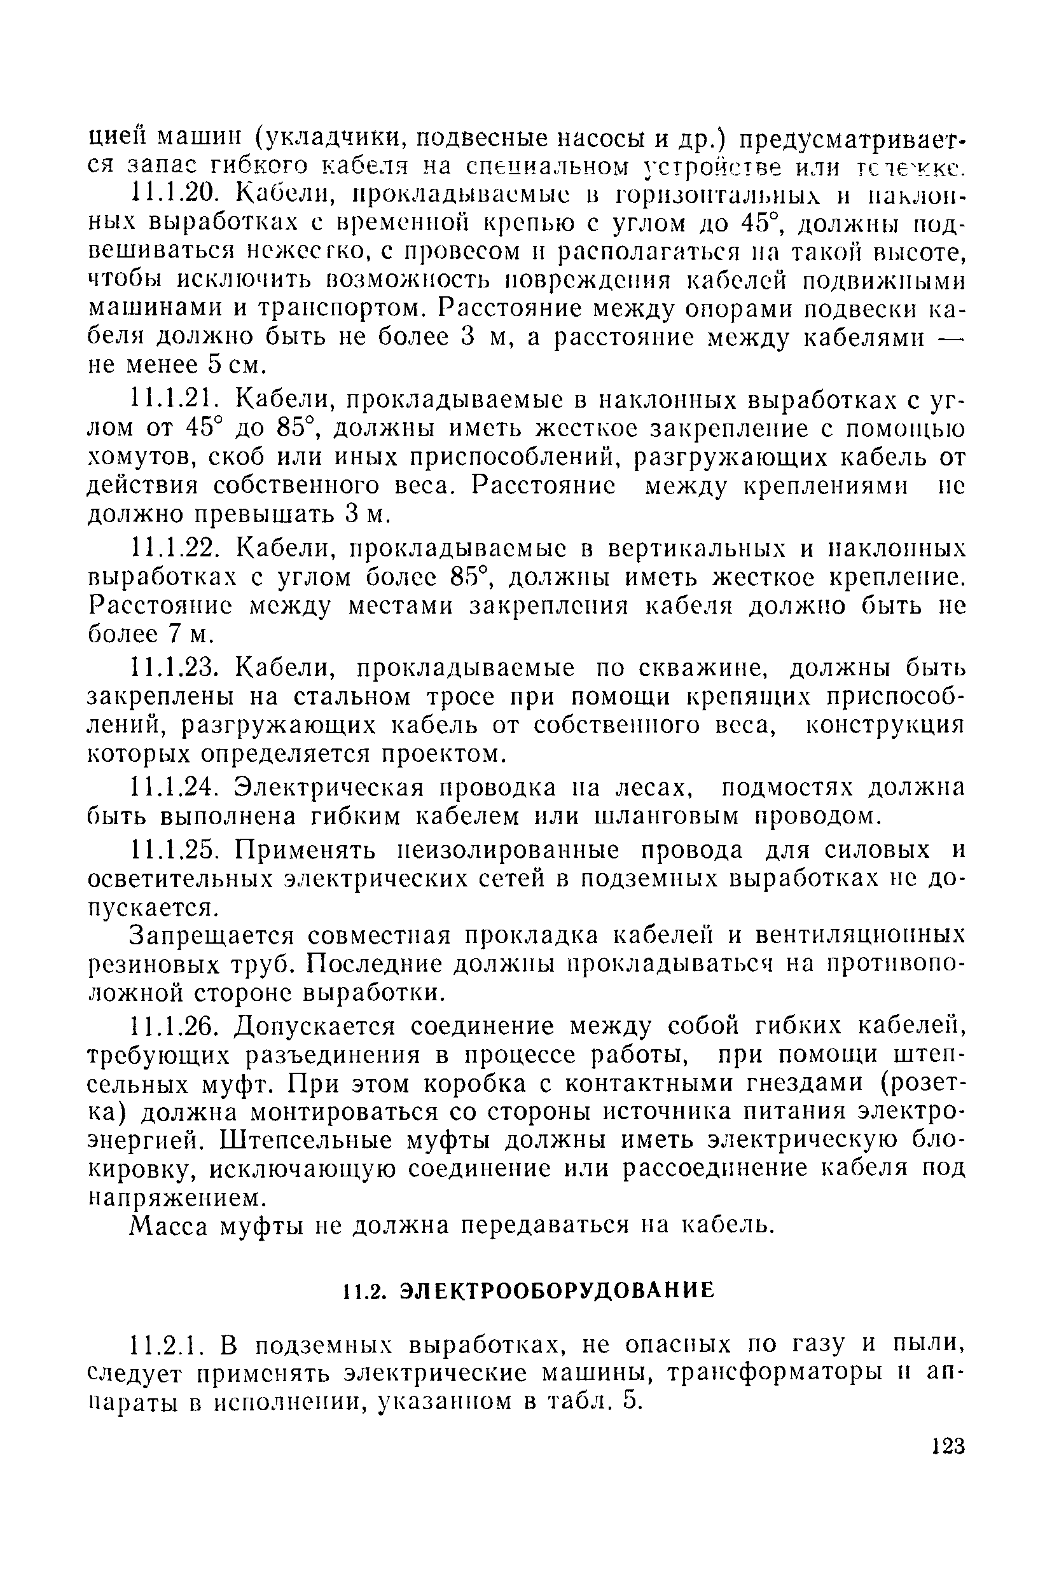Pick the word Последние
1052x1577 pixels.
[x=376, y=965]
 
